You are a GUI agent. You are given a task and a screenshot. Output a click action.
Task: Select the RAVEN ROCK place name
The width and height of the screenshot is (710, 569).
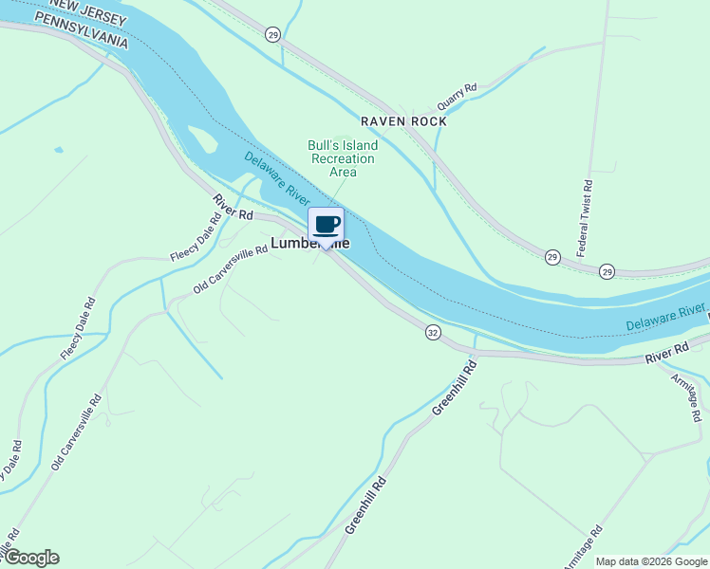403,121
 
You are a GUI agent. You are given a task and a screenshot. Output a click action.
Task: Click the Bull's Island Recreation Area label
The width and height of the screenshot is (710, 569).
343,158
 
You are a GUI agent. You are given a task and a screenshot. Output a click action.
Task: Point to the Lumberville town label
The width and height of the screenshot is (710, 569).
309,244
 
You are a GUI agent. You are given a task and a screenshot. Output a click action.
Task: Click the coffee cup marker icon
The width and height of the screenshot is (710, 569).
327,225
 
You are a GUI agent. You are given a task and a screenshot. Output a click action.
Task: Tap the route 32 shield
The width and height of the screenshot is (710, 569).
433,332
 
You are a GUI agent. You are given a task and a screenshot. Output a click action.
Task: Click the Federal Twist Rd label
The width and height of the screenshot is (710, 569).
585,220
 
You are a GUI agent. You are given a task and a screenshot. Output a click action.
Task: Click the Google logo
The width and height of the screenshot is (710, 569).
30,558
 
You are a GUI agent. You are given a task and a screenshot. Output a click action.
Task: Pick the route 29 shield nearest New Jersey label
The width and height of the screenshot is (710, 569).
273,35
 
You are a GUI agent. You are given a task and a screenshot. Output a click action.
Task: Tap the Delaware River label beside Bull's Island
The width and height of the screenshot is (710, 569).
276,179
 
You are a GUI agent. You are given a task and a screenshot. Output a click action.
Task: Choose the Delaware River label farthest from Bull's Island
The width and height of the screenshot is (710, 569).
665,318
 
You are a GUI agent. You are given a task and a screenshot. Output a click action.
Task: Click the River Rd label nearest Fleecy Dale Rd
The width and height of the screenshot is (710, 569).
233,208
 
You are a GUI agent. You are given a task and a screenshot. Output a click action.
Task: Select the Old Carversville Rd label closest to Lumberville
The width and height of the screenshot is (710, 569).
231,271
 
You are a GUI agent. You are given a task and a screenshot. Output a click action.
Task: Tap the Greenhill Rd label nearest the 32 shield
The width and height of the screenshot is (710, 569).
453,386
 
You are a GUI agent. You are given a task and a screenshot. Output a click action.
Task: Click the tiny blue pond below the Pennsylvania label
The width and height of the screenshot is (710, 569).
59,150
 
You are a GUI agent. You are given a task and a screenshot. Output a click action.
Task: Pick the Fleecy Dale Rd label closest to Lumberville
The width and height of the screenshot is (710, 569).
196,242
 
